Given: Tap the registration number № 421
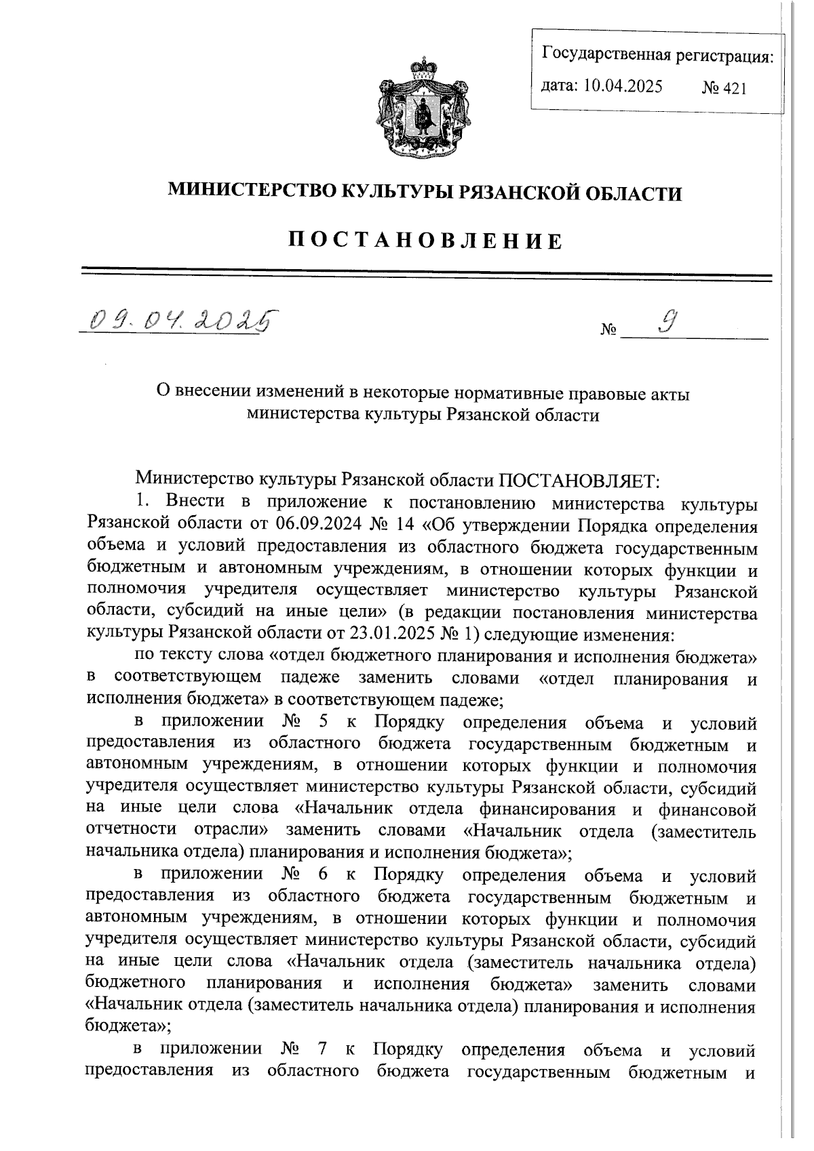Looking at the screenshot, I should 724,87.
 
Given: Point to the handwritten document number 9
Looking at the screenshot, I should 670,321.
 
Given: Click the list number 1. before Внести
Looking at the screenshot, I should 142,502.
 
